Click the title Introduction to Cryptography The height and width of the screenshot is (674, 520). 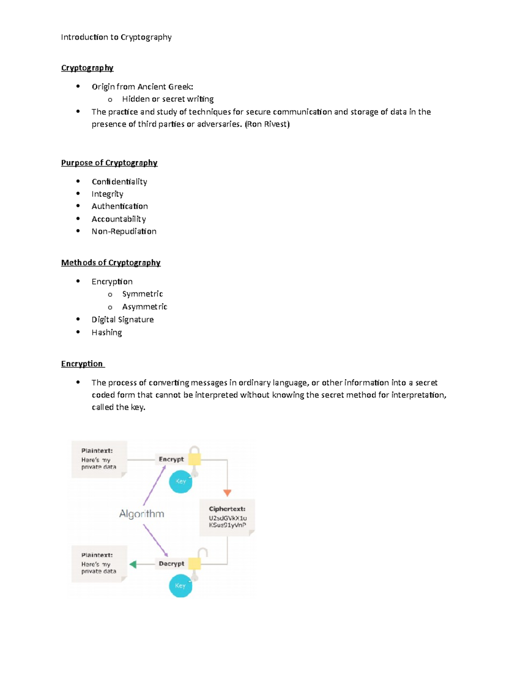(x=116, y=37)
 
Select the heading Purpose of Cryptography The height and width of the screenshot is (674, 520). (x=109, y=163)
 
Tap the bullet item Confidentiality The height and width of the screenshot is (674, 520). (x=119, y=181)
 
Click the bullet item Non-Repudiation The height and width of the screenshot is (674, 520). (x=124, y=231)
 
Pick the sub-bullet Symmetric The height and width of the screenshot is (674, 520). (x=143, y=294)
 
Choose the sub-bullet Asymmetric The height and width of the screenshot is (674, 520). (x=145, y=307)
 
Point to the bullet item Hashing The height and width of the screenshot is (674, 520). (x=107, y=332)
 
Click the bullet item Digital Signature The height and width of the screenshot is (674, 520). (x=123, y=320)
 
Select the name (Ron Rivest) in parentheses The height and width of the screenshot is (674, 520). (x=267, y=125)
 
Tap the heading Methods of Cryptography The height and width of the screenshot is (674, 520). (x=111, y=263)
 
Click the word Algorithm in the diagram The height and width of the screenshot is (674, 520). (x=142, y=514)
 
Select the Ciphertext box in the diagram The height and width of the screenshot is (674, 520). (x=227, y=517)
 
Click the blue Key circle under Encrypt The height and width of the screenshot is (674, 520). (x=181, y=481)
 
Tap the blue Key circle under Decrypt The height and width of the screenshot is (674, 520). (x=180, y=585)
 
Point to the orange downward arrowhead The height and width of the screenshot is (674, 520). (x=227, y=493)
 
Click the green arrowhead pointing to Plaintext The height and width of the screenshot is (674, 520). (x=133, y=564)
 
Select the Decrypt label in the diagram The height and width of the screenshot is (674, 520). (x=171, y=564)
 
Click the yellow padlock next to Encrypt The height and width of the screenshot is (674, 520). (x=195, y=458)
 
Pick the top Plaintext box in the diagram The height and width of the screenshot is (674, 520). (x=99, y=459)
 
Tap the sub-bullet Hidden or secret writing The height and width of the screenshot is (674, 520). (x=168, y=99)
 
